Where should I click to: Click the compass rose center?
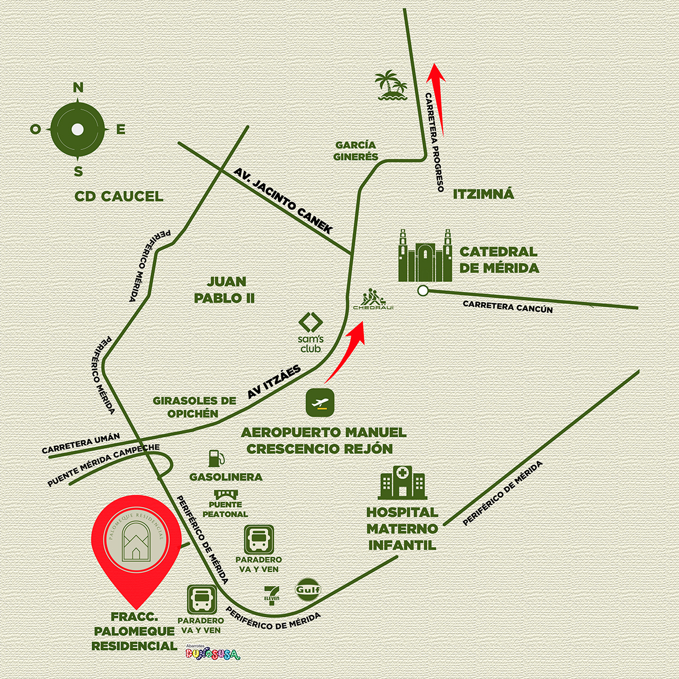coord(78,130)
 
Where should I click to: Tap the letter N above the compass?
coord(78,87)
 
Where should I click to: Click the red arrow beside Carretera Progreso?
coord(437,99)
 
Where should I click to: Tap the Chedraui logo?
coord(373,299)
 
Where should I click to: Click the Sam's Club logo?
coord(311,333)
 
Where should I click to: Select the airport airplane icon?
coord(320,403)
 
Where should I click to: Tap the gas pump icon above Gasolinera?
coord(216,458)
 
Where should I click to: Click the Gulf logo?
coord(308,590)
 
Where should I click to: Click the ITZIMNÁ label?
coord(483,195)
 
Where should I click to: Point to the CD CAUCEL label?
coord(119,196)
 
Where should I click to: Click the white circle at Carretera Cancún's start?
coord(422,291)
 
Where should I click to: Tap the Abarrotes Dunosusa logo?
coord(212,653)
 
